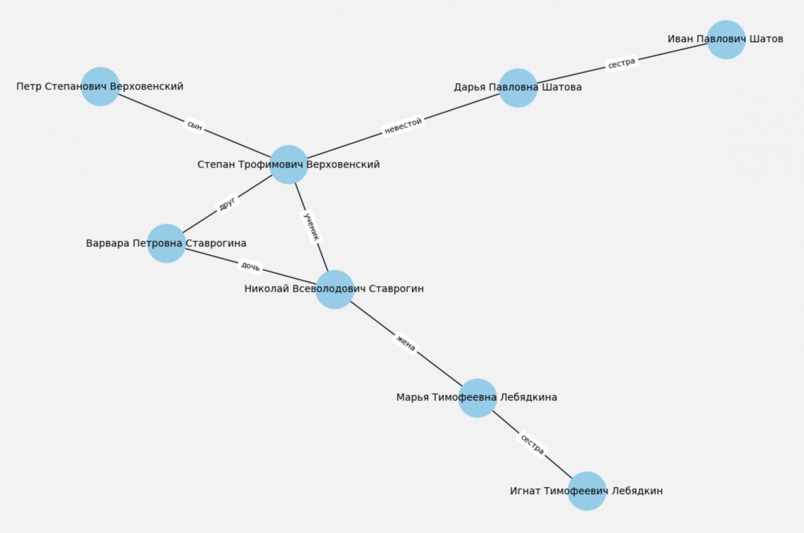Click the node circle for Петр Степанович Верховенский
pos(100,87)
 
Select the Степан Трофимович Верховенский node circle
pos(289,164)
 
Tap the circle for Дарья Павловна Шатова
pos(518,88)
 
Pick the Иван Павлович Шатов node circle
pos(726,40)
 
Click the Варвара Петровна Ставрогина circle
pos(166,243)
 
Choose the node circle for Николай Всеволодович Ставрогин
pos(334,289)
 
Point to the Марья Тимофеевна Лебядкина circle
pos(477,398)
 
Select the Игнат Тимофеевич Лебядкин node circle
pos(587,491)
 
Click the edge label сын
pos(195,125)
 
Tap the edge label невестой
pos(403,125)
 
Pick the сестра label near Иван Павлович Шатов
pos(622,63)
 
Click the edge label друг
pos(227,204)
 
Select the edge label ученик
pos(312,227)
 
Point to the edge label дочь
pos(250,266)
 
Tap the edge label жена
pos(406,343)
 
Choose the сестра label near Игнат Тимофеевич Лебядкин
pos(532,444)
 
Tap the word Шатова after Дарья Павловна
pos(562,88)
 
